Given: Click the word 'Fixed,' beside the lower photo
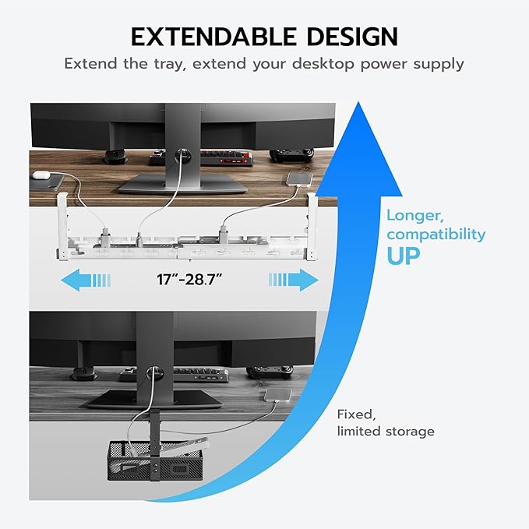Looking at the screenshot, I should pyautogui.click(x=354, y=414).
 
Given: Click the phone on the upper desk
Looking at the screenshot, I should pyautogui.click(x=299, y=180).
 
